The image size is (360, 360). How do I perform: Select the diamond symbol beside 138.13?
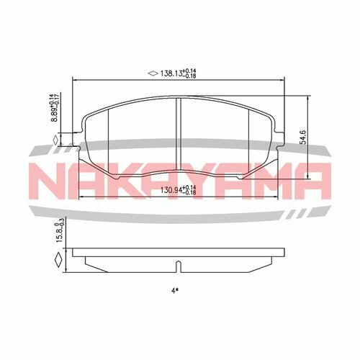pos(152,73)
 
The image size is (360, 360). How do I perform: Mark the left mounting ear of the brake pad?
pos(79,135)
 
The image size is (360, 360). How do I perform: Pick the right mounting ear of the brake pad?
pos(280,135)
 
